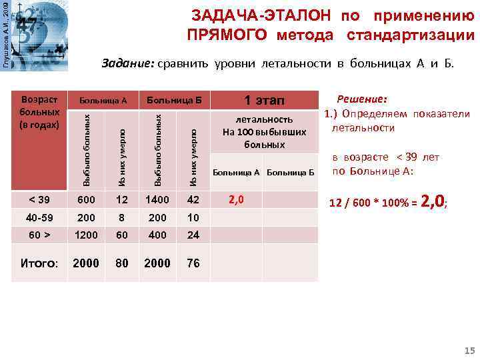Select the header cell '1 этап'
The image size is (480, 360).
265,101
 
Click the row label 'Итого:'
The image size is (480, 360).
40,263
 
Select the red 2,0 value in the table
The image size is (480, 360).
236,200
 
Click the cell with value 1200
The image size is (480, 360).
86,235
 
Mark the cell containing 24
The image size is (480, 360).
193,235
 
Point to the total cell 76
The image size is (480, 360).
193,263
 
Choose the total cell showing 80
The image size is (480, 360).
122,263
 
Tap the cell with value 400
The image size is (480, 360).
157,235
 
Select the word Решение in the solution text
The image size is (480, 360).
362,97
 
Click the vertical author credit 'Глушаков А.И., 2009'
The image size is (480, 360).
5,34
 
